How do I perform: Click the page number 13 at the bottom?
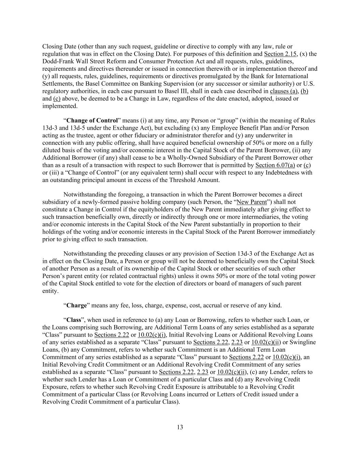click(x=180, y=427)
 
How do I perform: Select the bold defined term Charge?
click(x=77, y=305)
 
